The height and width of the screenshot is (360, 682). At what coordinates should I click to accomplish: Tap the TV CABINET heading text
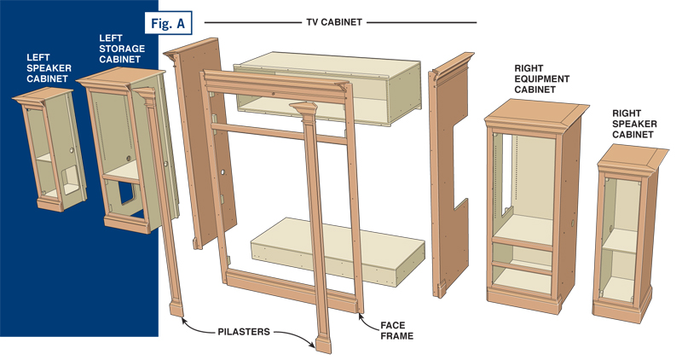pyautogui.click(x=340, y=21)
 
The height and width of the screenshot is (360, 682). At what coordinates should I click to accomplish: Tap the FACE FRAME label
pyautogui.click(x=395, y=330)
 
